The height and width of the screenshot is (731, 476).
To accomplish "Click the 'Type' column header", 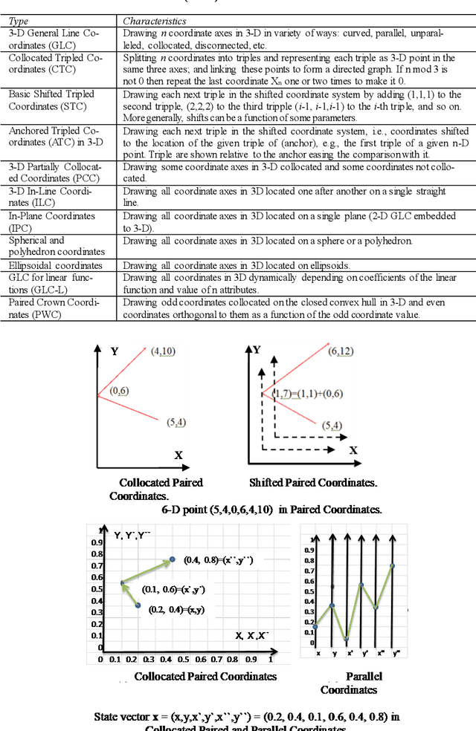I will pyautogui.click(x=19, y=22).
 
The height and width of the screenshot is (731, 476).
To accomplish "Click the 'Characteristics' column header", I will pyautogui.click(x=154, y=22).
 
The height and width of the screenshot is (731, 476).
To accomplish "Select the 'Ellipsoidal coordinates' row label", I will pyautogui.click(x=56, y=265).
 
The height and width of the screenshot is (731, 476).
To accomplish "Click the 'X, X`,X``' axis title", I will pyautogui.click(x=252, y=635).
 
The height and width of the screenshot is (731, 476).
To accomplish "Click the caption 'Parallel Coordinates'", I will pyautogui.click(x=349, y=683).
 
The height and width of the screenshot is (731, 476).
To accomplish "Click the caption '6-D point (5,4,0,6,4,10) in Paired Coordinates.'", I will pyautogui.click(x=271, y=509).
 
